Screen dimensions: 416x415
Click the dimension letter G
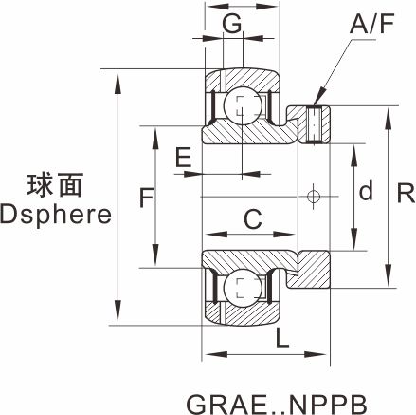[232, 23]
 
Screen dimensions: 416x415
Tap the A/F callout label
[372, 25]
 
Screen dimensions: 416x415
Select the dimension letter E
[183, 157]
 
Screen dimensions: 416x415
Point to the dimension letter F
[147, 198]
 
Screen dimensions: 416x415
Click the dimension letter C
[253, 218]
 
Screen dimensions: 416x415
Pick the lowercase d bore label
[366, 191]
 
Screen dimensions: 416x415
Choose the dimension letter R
[406, 194]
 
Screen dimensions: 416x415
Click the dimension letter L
[282, 338]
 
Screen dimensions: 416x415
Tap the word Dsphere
[56, 216]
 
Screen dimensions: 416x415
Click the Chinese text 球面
[55, 185]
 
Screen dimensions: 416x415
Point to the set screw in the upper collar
[314, 125]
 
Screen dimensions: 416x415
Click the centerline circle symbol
[313, 197]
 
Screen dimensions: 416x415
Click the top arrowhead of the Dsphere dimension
[118, 83]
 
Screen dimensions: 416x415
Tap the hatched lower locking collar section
[310, 270]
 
